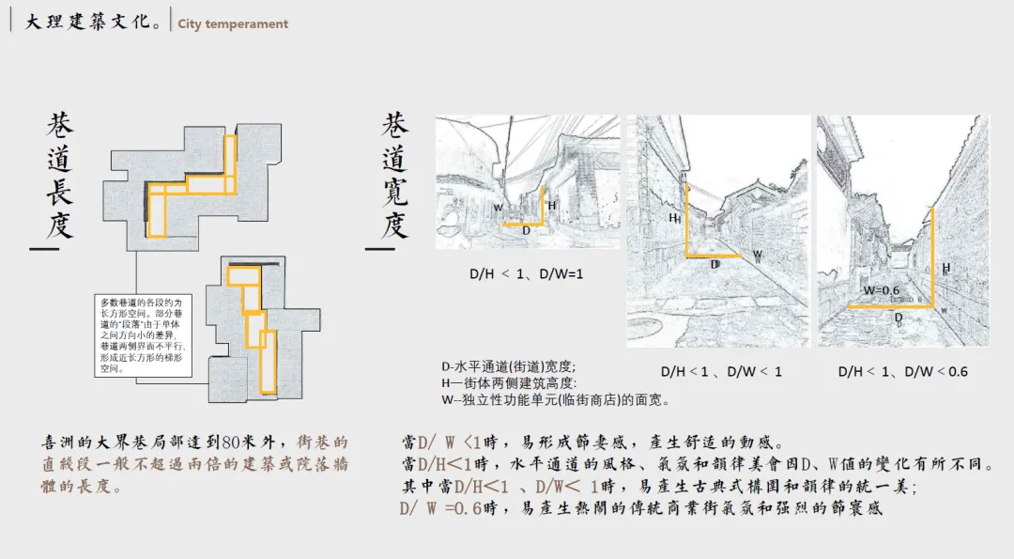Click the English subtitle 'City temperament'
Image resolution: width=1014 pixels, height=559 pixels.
coord(233,23)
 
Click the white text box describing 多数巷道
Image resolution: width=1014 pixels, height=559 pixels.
coord(143,334)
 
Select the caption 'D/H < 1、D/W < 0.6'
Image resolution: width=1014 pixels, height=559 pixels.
coord(902,371)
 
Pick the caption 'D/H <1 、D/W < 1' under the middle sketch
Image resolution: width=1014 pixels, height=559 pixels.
coord(721,371)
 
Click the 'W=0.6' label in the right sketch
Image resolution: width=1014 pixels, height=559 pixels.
coord(883,290)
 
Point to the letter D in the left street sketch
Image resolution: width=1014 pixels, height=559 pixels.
coord(526,230)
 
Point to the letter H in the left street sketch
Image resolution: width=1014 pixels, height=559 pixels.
coord(551,205)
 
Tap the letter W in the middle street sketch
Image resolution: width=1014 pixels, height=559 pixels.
coord(757,255)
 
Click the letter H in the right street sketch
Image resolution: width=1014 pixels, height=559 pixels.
coord(945,268)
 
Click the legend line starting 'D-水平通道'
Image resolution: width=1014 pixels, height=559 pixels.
coord(508,366)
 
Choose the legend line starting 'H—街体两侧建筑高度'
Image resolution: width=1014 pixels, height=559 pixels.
coord(510,383)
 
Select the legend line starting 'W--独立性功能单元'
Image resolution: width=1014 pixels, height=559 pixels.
coord(555,400)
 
